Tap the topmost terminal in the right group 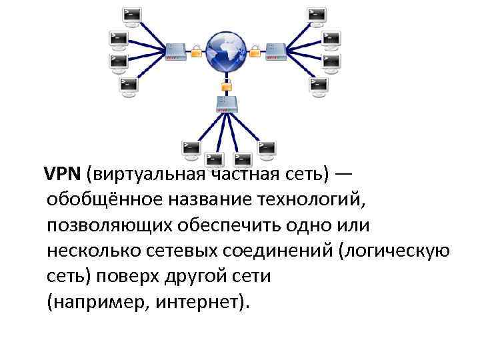[317, 15]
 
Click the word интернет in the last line [196, 301]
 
